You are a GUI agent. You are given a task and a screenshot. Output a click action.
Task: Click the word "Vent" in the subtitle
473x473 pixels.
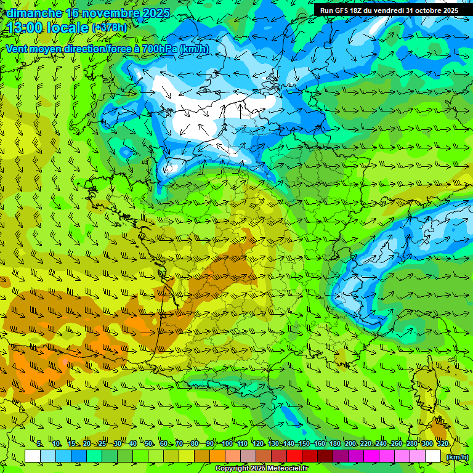17,49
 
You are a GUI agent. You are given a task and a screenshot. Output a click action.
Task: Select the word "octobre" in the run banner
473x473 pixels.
429,10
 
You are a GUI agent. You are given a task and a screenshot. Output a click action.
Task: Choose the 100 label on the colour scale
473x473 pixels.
227,444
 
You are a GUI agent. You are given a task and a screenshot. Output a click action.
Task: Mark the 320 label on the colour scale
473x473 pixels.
442,444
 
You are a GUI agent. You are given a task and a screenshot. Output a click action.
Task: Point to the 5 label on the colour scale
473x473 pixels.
39,444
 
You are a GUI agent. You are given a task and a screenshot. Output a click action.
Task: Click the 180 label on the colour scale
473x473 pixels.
334,444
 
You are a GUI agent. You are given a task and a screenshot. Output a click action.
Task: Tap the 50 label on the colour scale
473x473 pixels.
148,444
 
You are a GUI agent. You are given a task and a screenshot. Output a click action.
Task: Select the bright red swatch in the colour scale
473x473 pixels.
294,456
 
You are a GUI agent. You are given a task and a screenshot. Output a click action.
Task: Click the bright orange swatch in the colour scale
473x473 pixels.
217,456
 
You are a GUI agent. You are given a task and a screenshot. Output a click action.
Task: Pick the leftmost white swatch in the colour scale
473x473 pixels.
33,456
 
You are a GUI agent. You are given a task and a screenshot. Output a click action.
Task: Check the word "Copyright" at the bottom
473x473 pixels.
232,469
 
